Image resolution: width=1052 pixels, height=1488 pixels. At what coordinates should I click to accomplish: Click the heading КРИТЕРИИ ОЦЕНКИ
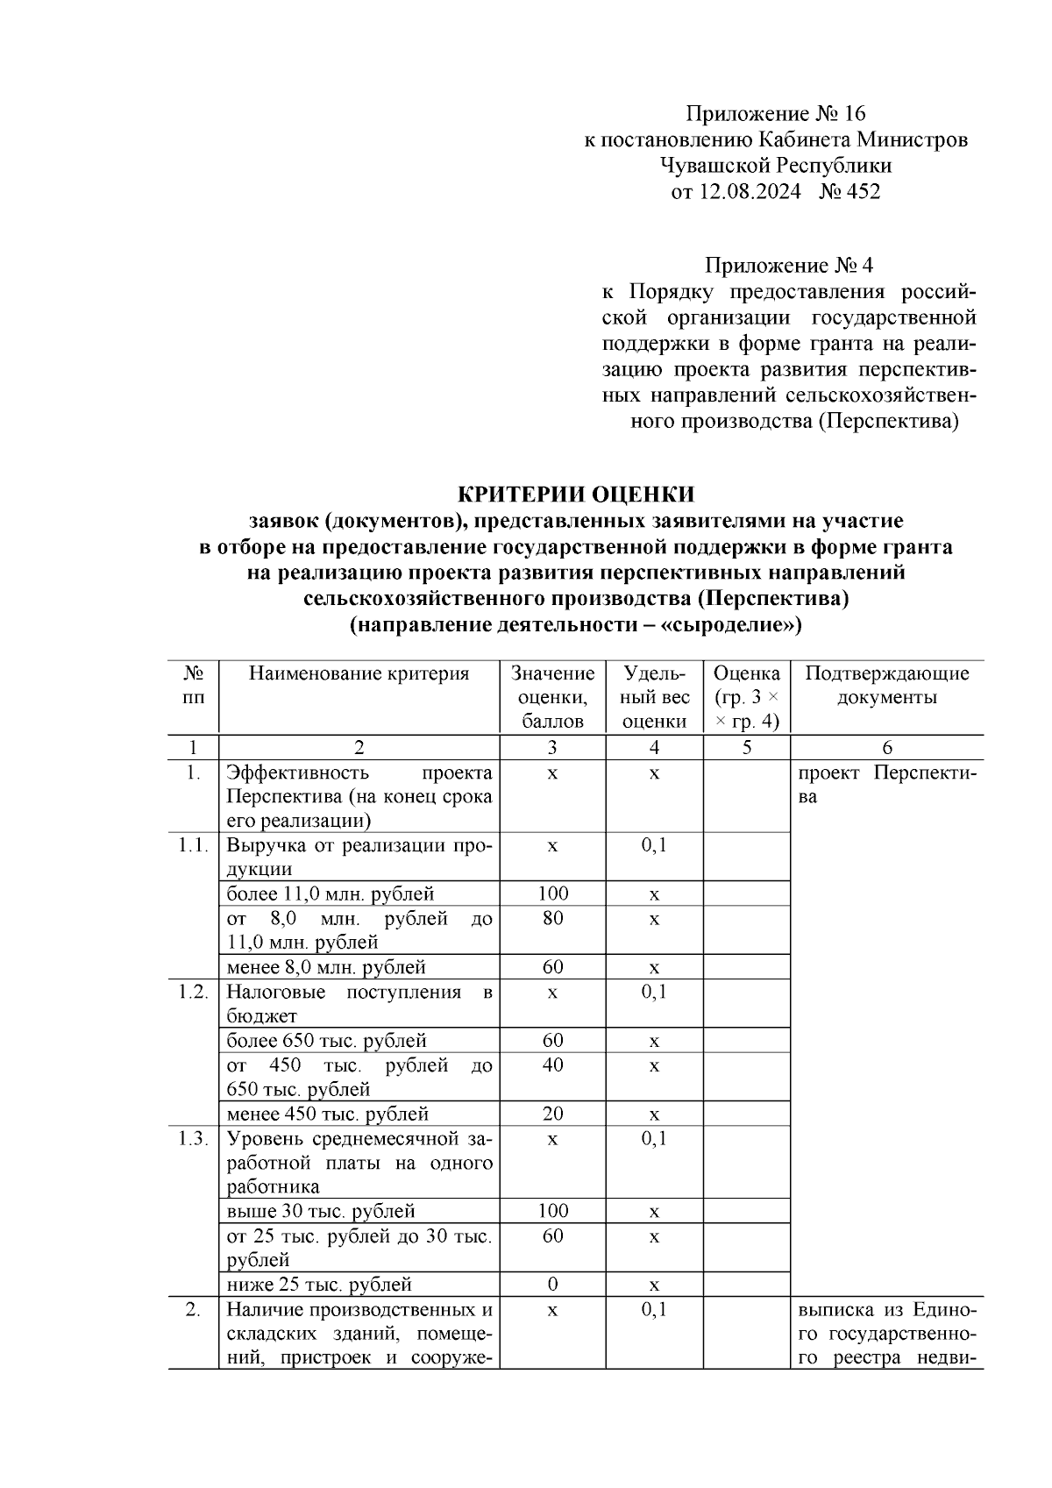576,494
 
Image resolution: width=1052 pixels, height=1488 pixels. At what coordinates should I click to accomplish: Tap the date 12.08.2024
749,191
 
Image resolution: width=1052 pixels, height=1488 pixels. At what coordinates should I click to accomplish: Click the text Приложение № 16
775,113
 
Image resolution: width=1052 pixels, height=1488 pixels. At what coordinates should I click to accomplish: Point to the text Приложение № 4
789,265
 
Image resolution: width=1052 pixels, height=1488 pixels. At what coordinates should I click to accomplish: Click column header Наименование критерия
359,673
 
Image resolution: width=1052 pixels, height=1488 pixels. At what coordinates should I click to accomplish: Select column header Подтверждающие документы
886,685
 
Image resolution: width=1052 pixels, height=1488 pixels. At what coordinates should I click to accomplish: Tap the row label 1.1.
193,845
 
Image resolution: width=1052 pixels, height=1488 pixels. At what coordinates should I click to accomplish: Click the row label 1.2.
193,992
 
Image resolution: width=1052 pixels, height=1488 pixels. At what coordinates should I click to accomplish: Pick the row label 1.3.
193,1138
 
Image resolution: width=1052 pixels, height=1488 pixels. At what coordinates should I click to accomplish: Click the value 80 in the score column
552,918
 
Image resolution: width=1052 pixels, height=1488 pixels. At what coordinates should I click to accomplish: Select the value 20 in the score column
552,1114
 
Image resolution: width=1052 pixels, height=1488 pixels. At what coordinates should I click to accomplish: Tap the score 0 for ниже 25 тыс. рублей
552,1284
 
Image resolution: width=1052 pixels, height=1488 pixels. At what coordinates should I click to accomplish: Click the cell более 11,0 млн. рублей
331,894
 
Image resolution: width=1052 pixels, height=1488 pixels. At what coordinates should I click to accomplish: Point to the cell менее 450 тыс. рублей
328,1114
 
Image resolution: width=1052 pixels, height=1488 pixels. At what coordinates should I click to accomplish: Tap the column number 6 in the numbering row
886,747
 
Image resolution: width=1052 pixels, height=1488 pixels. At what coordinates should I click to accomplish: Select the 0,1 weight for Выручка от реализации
654,845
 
